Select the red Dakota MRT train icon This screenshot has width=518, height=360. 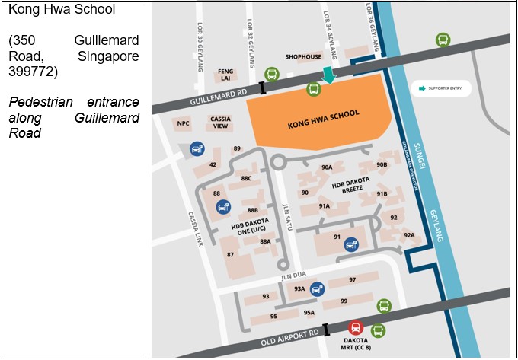[355, 327]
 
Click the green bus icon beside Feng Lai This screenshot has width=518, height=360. [271, 75]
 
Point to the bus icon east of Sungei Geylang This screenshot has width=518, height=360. [442, 40]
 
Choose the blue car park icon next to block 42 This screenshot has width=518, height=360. [197, 148]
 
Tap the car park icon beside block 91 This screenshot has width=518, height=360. [350, 244]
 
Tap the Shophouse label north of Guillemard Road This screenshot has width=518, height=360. [303, 56]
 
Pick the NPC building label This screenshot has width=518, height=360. [183, 123]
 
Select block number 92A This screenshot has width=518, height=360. [409, 235]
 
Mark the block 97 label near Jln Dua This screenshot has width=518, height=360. [352, 280]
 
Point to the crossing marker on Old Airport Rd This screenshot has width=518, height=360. [326, 330]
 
